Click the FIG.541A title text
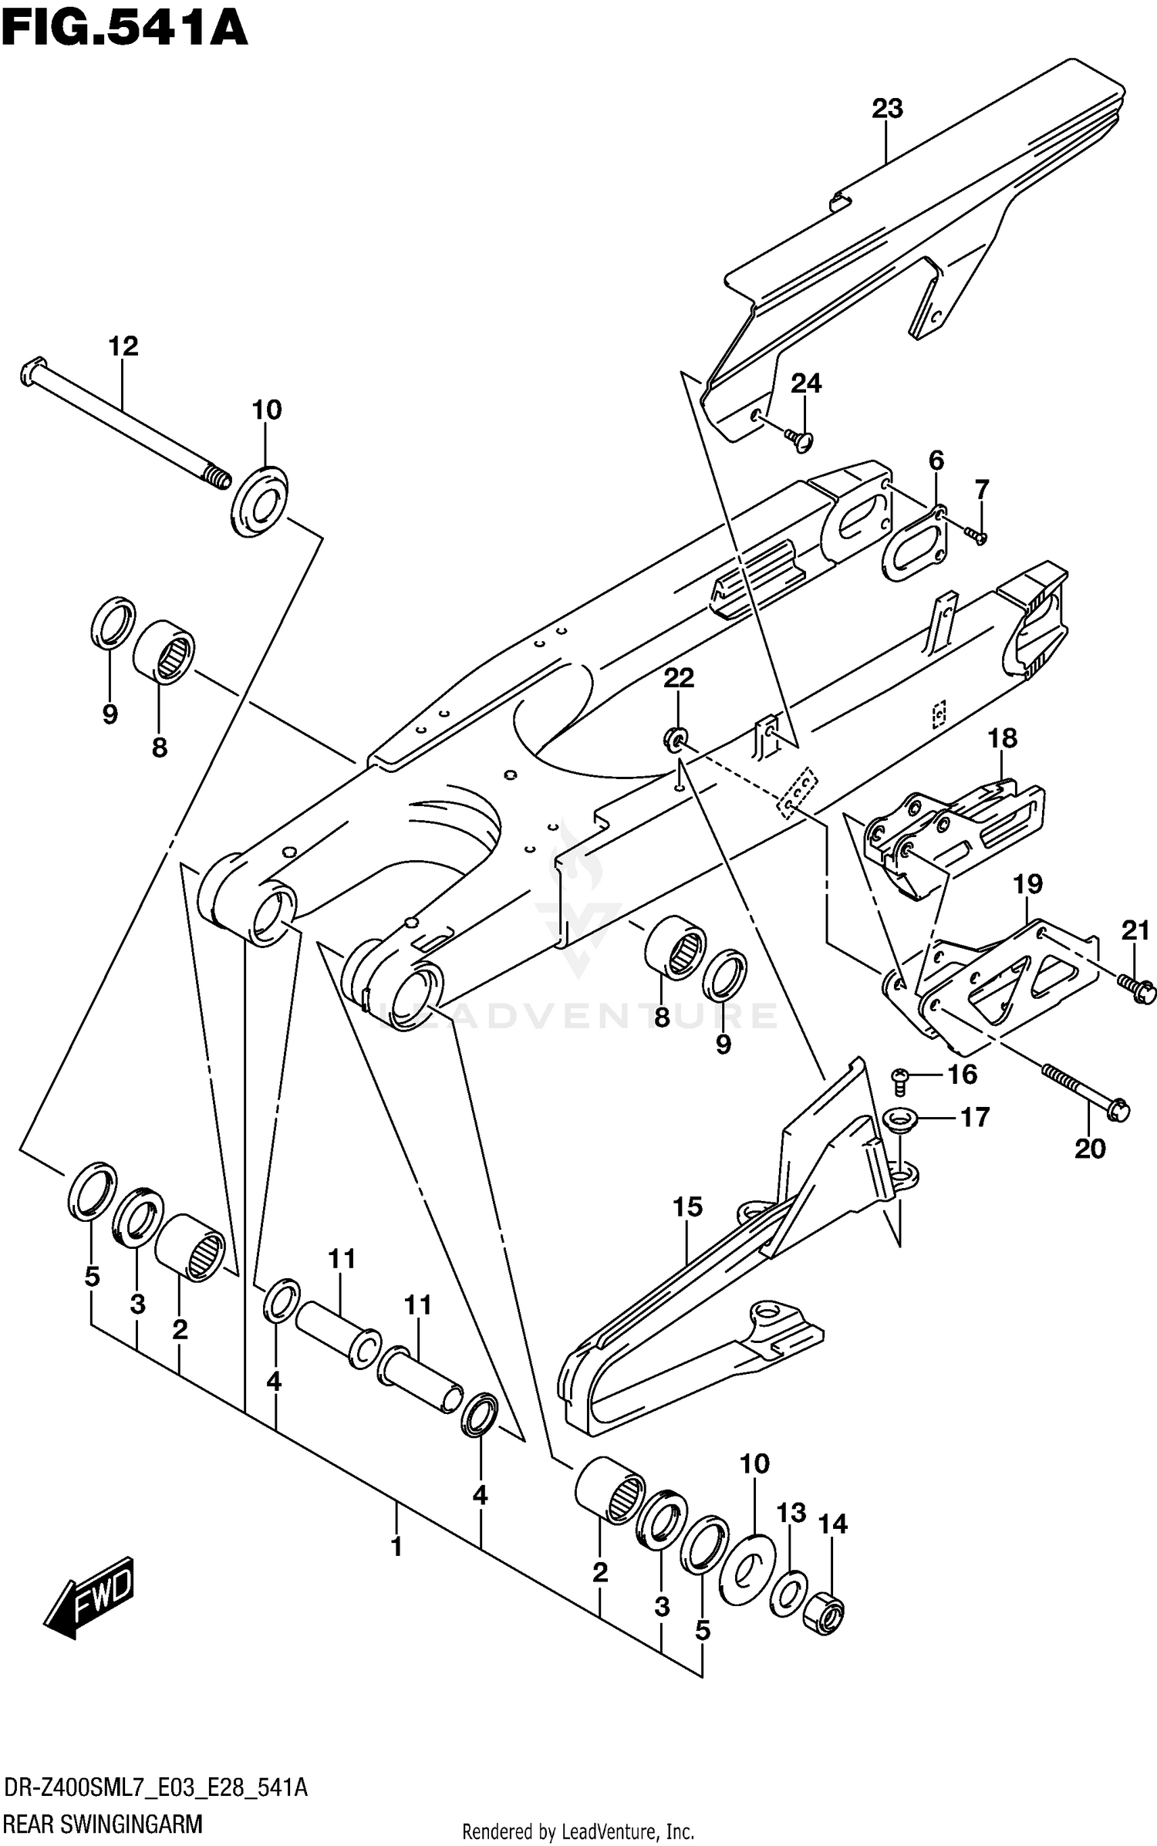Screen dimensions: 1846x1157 [x=123, y=29]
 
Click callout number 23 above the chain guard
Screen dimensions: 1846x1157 [x=886, y=109]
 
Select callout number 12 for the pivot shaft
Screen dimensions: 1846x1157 [x=123, y=346]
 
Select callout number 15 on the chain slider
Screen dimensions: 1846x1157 [x=687, y=1207]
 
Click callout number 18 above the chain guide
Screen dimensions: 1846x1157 [x=1002, y=738]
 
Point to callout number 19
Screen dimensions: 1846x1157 [x=1027, y=884]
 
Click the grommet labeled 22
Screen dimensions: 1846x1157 [x=675, y=740]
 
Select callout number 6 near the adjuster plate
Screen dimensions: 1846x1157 [x=936, y=461]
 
